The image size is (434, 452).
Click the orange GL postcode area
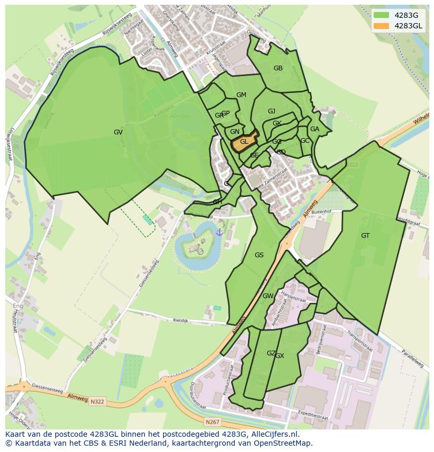244,142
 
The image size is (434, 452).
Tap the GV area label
118,132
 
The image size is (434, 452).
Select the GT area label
365,236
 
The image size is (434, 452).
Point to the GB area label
278,68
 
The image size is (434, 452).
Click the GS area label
259,255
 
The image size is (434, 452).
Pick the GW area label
268,296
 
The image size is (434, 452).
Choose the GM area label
241,95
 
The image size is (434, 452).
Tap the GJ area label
272,111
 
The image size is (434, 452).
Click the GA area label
314,129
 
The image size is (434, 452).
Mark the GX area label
280,356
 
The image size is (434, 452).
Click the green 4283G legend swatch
382,15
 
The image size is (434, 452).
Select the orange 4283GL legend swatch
382,26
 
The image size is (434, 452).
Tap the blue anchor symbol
219,232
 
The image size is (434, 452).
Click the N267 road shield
212,422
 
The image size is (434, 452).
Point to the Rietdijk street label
180,320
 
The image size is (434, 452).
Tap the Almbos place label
180,116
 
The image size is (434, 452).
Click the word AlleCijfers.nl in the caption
274,434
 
